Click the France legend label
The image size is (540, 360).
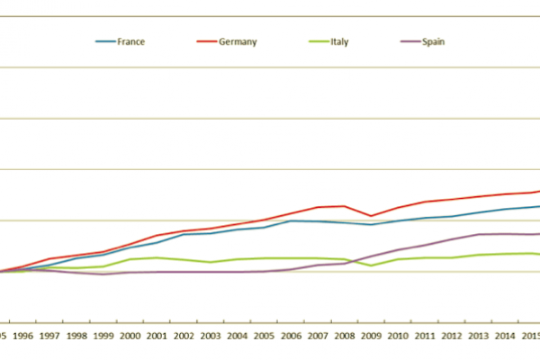coord(131,41)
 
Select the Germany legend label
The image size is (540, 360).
coord(238,41)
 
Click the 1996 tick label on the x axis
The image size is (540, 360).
coord(23,337)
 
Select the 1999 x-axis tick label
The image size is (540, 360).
coord(103,337)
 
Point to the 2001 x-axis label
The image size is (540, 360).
coord(156,337)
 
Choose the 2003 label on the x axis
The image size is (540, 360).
coord(210,337)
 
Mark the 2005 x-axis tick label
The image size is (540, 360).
coord(263,337)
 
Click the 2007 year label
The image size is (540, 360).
coord(317,337)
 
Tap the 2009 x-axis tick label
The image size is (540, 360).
coord(370,337)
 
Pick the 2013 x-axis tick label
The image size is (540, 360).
coord(477,337)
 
